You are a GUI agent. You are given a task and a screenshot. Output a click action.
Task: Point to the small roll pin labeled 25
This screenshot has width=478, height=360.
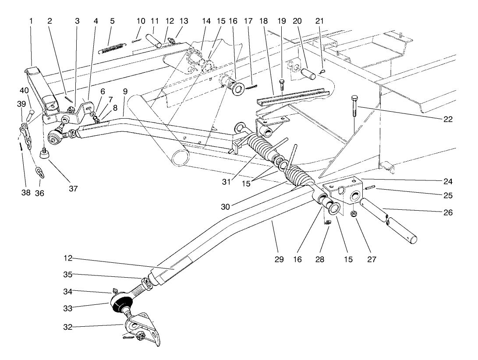point(369,188)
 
